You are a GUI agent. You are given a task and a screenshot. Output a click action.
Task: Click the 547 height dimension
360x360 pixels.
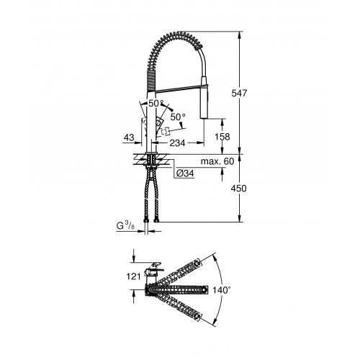point(239,93)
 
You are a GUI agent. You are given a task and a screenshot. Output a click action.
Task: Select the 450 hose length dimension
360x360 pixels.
point(238,189)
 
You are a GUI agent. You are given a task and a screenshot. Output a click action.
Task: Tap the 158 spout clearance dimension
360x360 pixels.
point(222,137)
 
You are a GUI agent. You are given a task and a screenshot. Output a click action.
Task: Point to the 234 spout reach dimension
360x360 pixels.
point(178,143)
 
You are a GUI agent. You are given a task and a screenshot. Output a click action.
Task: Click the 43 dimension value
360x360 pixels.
point(129,138)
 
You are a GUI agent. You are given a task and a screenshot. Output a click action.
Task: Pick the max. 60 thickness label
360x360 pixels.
point(217,161)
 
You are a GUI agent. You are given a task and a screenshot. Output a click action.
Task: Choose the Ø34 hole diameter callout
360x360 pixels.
point(185,173)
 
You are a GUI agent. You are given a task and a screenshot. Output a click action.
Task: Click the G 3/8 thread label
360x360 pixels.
point(125,226)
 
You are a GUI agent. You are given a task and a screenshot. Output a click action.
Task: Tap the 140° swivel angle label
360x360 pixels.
point(222,290)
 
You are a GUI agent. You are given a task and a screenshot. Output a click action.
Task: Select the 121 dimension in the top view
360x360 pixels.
point(133,276)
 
